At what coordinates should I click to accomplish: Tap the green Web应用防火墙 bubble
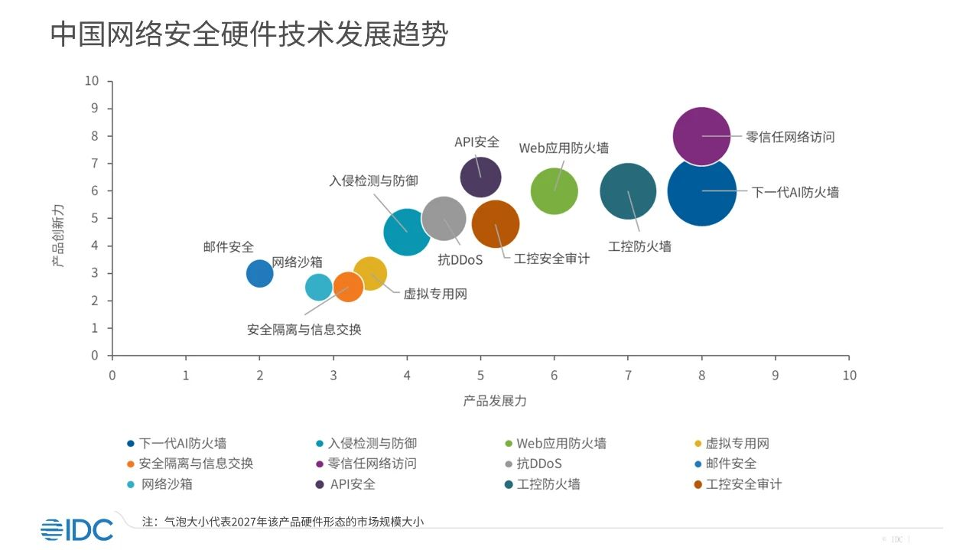554,191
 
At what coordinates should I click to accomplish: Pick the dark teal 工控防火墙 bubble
628,191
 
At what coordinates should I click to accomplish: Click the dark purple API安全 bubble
480,177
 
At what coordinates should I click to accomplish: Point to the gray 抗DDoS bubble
444,218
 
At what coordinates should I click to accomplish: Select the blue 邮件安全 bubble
259,273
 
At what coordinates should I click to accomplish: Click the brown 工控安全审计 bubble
496,224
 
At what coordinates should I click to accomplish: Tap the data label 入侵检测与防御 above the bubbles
375,182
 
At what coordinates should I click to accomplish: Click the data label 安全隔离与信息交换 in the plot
304,330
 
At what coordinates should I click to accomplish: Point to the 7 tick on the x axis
628,376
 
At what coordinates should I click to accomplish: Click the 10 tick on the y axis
93,80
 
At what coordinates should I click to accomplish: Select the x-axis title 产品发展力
495,401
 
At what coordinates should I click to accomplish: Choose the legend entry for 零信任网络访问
371,464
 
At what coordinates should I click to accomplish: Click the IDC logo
76,529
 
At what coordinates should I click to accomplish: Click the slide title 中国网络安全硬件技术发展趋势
249,34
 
